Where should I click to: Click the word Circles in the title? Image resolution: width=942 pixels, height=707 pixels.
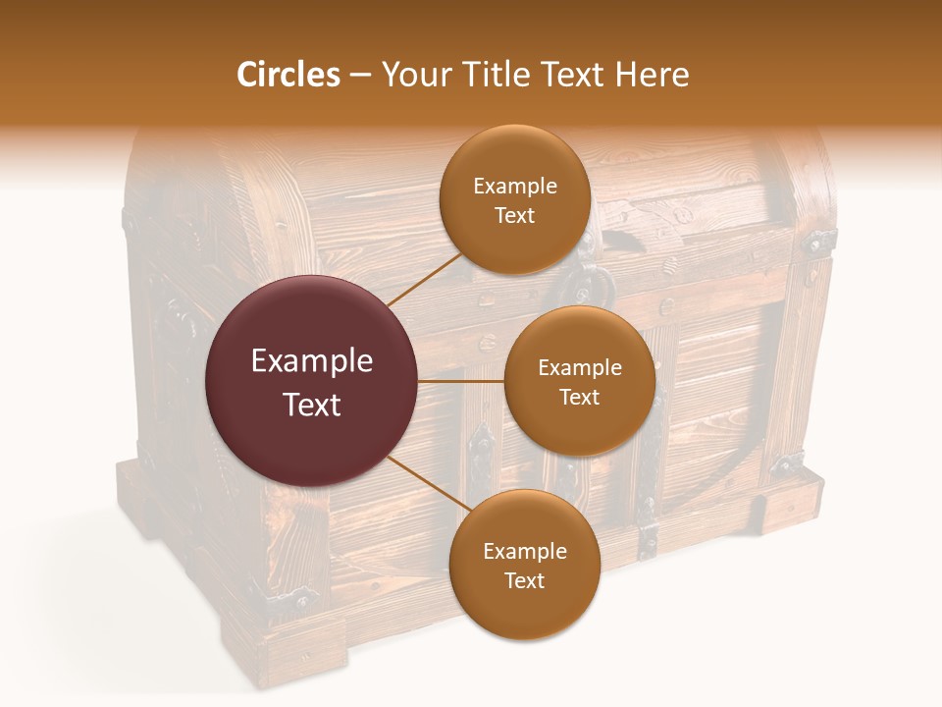(288, 75)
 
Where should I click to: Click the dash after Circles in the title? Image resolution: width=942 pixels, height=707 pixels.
(360, 76)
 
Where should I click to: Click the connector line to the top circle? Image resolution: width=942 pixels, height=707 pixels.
(424, 278)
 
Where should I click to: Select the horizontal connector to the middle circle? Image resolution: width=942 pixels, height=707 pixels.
(461, 381)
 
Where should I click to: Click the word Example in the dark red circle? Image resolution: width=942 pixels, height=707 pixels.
(312, 361)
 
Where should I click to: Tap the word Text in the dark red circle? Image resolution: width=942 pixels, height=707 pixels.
(312, 405)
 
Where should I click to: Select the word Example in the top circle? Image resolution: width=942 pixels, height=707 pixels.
(515, 186)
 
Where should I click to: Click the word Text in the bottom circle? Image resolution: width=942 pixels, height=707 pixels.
(524, 580)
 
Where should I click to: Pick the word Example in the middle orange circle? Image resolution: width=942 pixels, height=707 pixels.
(580, 367)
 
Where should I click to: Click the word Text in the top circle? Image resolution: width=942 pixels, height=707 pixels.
(514, 215)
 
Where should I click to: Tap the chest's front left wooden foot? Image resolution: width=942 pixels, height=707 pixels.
(285, 648)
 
